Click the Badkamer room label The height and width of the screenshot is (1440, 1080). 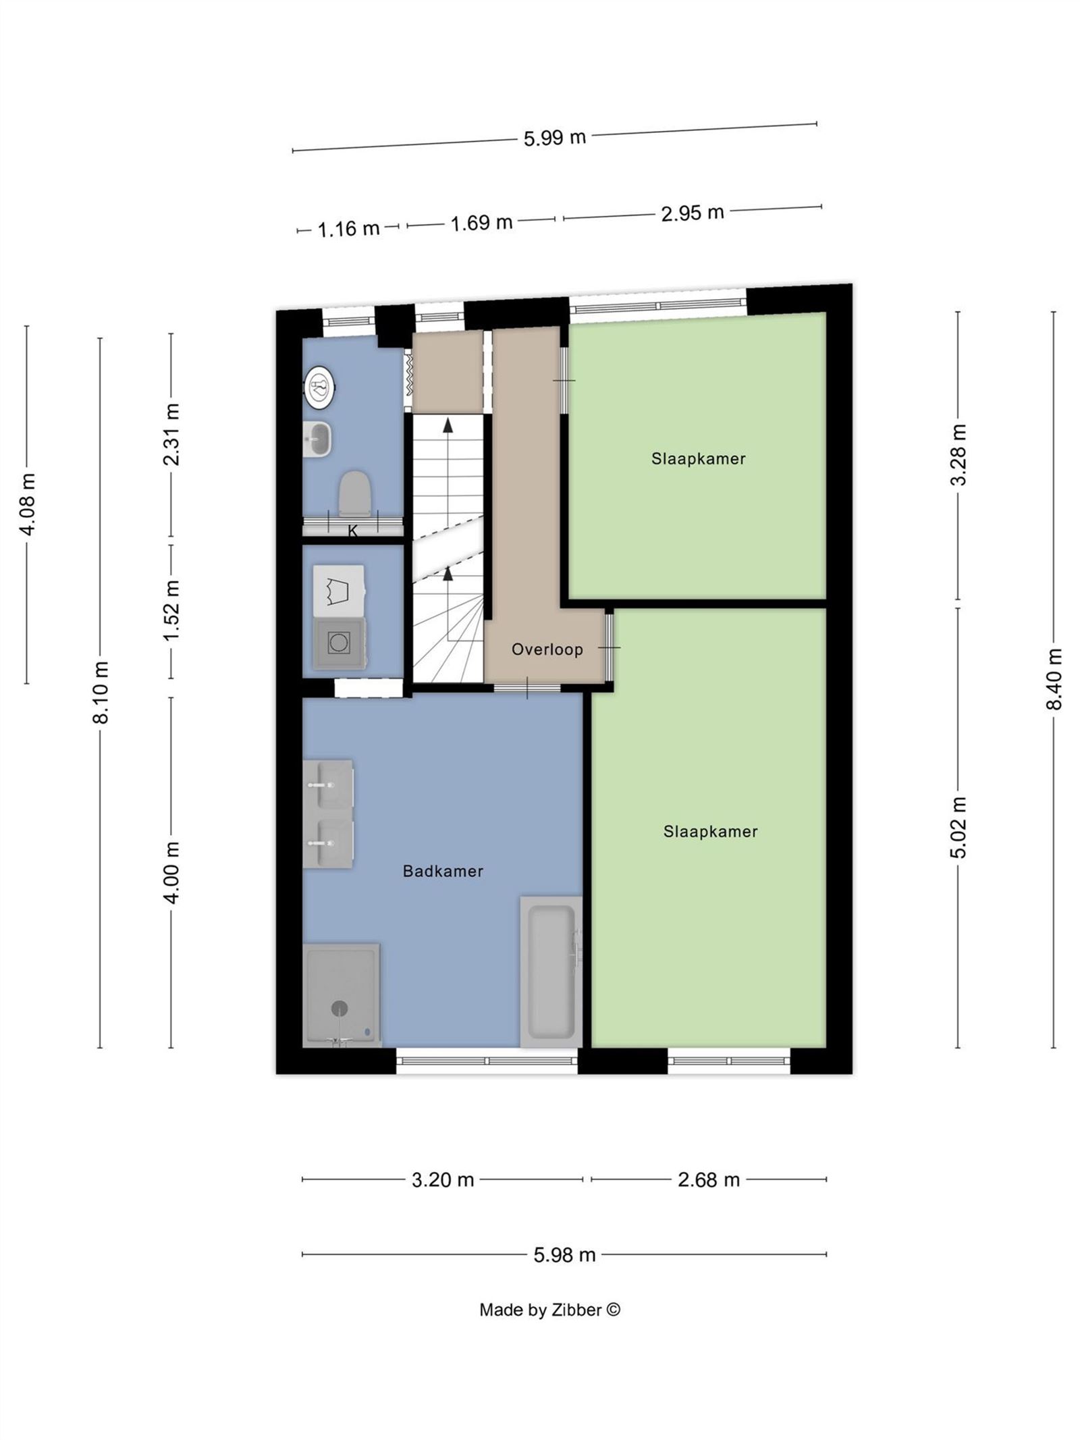(443, 871)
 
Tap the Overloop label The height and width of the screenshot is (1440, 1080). (547, 649)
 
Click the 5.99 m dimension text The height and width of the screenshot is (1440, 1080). (555, 138)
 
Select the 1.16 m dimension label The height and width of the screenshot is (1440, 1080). (348, 229)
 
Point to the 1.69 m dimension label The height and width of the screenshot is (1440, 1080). (481, 222)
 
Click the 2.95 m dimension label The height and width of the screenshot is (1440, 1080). (692, 213)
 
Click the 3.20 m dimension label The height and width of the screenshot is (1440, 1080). (443, 1179)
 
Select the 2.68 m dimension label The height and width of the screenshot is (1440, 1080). (709, 1179)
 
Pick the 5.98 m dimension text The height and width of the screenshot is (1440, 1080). (564, 1254)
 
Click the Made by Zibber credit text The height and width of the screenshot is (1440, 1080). (549, 1329)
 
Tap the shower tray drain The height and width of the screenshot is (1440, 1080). (340, 1008)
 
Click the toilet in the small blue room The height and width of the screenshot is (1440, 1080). (355, 493)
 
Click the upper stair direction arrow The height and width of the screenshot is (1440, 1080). (448, 425)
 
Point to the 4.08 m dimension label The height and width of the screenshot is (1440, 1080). (28, 504)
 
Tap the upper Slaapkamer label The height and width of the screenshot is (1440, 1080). (698, 459)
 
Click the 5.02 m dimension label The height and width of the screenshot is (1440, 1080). (959, 827)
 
